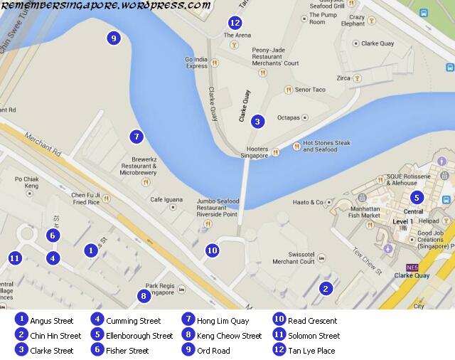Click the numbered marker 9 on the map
pos(113,38)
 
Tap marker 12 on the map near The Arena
pos(235,23)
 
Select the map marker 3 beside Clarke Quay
pos(257,122)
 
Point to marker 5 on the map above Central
pos(417,197)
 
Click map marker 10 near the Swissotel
pos(212,250)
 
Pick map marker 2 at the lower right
pos(326,288)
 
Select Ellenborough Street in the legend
pos(139,336)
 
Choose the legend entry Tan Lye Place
pos(312,351)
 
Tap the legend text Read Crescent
pos(312,320)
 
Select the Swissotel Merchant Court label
pos(293,257)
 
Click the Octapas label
pos(288,117)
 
